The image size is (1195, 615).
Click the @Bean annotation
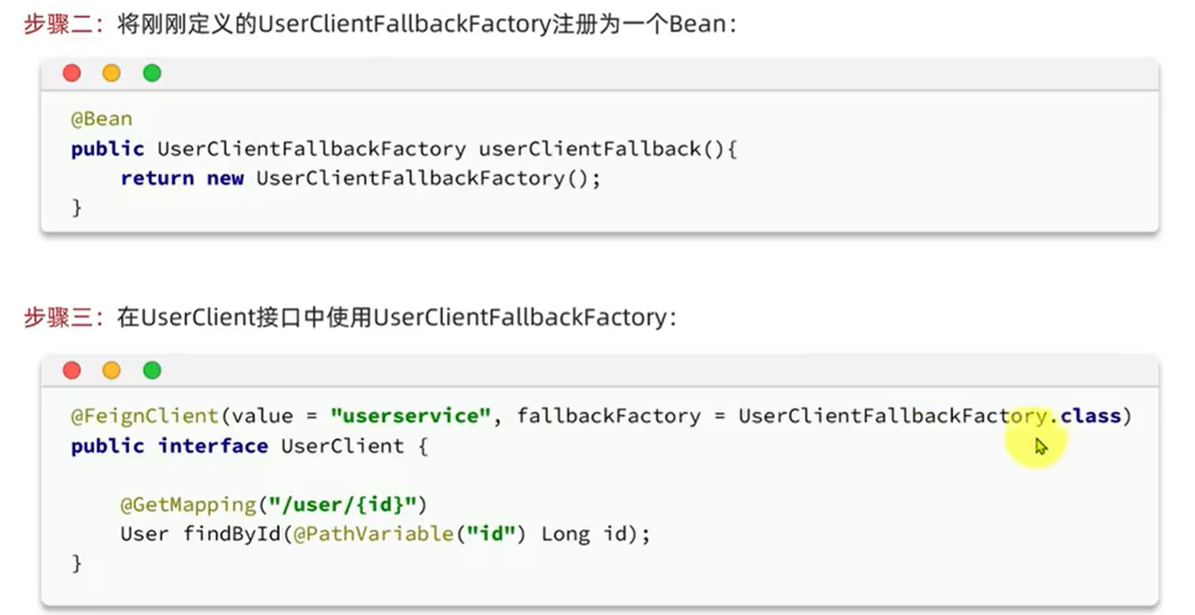click(101, 119)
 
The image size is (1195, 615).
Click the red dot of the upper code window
click(72, 74)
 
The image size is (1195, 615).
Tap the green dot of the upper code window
click(151, 74)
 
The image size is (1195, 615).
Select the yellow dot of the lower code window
click(112, 371)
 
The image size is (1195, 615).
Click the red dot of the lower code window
click(72, 371)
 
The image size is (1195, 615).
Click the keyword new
click(225, 178)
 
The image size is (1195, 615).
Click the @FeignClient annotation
click(145, 416)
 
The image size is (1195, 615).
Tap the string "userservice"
click(410, 416)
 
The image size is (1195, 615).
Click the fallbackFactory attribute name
click(608, 416)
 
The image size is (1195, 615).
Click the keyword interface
click(213, 446)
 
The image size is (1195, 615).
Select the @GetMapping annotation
click(188, 505)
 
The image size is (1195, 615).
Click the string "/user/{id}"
click(343, 505)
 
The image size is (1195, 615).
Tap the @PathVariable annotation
click(373, 534)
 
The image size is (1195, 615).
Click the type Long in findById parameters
click(565, 534)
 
